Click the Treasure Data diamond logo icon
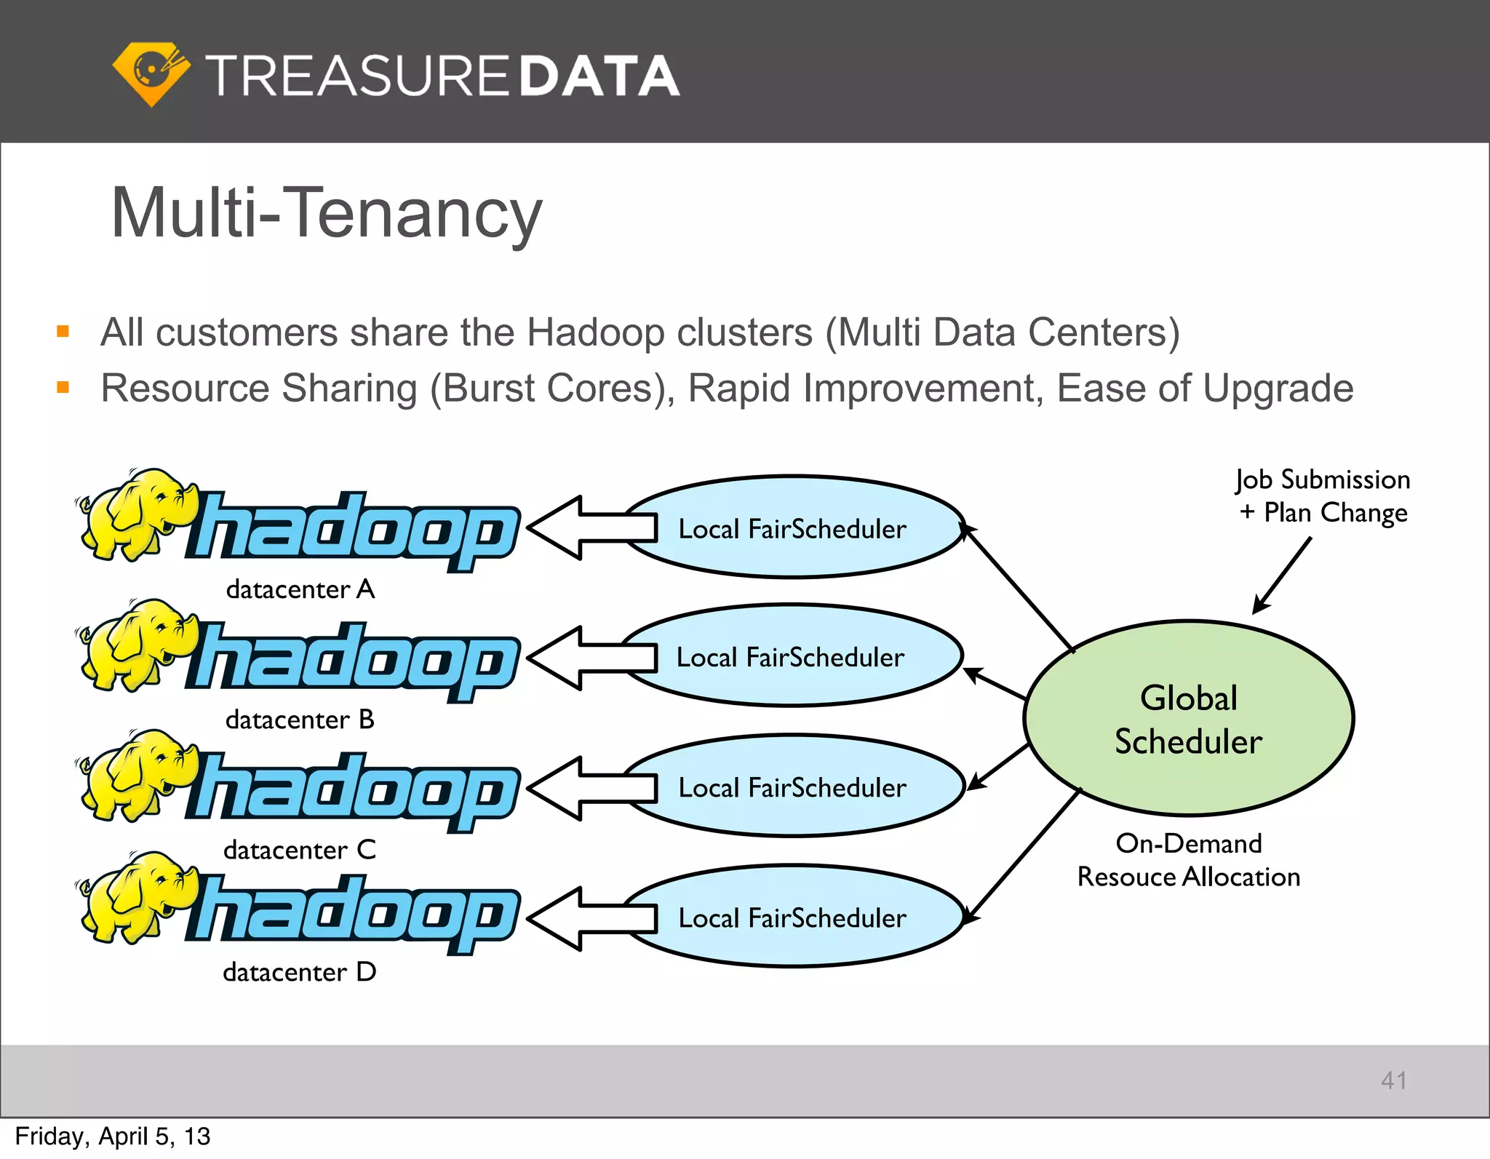pyautogui.click(x=151, y=73)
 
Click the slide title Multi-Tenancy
pyautogui.click(x=327, y=212)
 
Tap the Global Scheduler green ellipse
pyautogui.click(x=1188, y=719)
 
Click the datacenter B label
pyautogui.click(x=300, y=720)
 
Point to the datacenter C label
pyautogui.click(x=300, y=850)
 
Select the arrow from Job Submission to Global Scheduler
pyautogui.click(x=1282, y=575)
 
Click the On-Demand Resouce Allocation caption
pyautogui.click(x=1188, y=860)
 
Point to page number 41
pyautogui.click(x=1393, y=1080)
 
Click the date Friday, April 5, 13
pyautogui.click(x=113, y=1136)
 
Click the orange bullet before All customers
pyautogui.click(x=63, y=332)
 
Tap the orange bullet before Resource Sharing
pyautogui.click(x=63, y=388)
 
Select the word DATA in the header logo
pyautogui.click(x=599, y=76)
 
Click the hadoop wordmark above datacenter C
pyautogui.click(x=353, y=792)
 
